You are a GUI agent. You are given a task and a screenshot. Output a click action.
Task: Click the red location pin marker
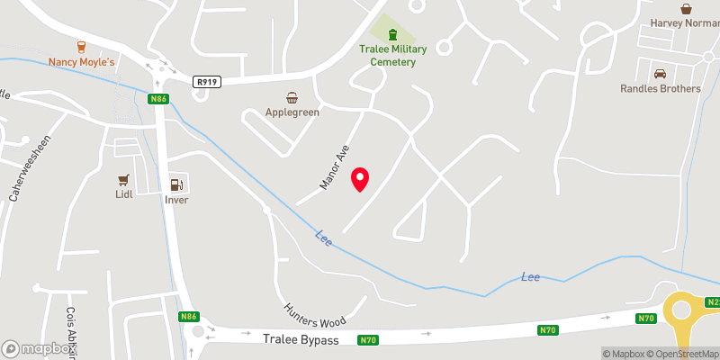tap(360, 179)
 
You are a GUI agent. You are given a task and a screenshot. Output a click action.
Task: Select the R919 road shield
tap(206, 82)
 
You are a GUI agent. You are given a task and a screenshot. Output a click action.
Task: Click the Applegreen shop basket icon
tap(292, 97)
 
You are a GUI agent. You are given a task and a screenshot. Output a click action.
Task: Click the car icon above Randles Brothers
tap(660, 74)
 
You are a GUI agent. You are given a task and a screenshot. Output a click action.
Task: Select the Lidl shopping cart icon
tap(124, 179)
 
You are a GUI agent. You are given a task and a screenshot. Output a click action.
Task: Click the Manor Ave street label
tap(334, 167)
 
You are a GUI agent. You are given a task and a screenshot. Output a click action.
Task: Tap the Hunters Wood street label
tap(315, 315)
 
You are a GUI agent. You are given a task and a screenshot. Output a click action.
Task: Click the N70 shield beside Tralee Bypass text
tap(367, 340)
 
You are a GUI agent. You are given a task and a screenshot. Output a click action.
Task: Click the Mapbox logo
tap(40, 347)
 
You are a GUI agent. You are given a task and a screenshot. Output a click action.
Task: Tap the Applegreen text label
tap(292, 112)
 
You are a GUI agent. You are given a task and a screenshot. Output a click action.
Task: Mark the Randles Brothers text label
tap(661, 88)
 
